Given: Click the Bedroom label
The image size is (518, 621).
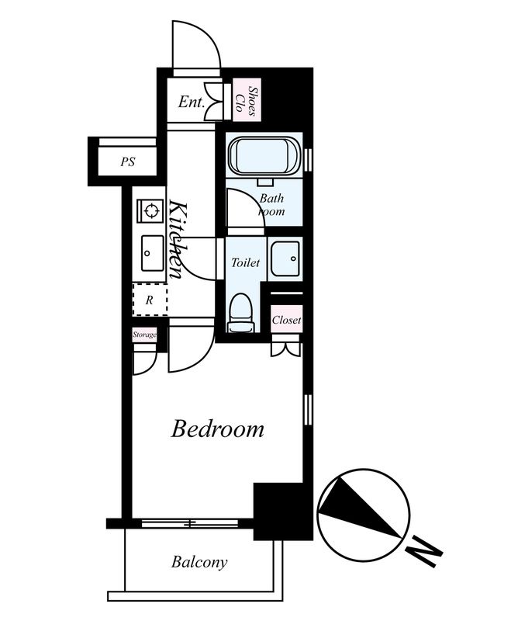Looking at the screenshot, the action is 217,429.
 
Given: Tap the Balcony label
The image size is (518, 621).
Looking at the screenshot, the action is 199,562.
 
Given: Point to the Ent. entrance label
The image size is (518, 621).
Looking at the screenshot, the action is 191,102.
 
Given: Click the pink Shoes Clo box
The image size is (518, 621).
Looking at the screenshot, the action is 247,100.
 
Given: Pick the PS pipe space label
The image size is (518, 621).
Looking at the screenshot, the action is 128,161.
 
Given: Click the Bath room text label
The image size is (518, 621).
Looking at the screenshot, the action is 271,204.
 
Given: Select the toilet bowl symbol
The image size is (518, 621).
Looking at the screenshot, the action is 240,313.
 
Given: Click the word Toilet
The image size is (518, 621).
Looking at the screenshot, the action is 245,262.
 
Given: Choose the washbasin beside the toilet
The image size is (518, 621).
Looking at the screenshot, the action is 285,258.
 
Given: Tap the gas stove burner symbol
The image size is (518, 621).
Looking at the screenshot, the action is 150,210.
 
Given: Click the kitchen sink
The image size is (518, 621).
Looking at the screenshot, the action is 152,254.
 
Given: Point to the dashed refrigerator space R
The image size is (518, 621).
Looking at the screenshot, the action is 150,300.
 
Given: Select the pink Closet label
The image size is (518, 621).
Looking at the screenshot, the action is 286,319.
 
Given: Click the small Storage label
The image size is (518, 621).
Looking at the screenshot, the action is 144,335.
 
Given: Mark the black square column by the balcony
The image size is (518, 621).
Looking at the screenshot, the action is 283,512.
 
